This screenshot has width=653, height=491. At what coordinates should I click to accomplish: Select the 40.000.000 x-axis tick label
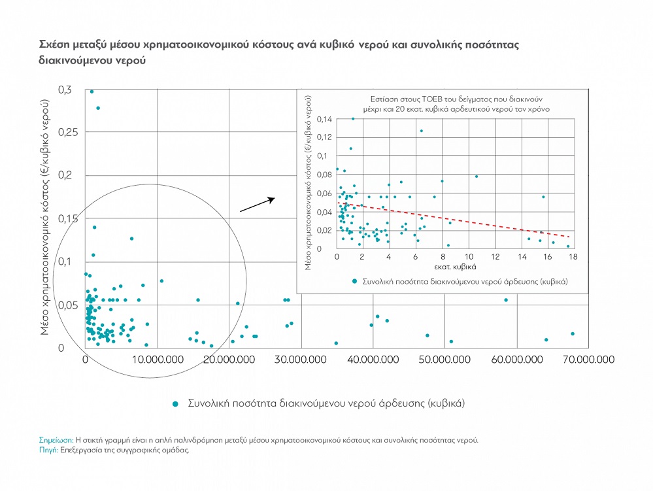(373, 360)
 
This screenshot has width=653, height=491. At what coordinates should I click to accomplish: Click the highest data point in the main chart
(92, 92)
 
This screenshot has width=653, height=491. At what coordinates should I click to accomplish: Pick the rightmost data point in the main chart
(572, 333)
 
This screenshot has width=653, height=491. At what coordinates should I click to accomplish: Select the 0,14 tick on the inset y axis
(324, 119)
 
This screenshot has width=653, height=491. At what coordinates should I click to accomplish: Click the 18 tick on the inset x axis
(574, 257)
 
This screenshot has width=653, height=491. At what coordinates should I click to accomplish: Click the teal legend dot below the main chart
(175, 403)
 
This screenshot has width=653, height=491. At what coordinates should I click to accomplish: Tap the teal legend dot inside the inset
(354, 280)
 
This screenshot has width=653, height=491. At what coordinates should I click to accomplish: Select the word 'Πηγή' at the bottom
(48, 450)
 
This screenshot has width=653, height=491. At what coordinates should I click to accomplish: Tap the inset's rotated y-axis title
(309, 182)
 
